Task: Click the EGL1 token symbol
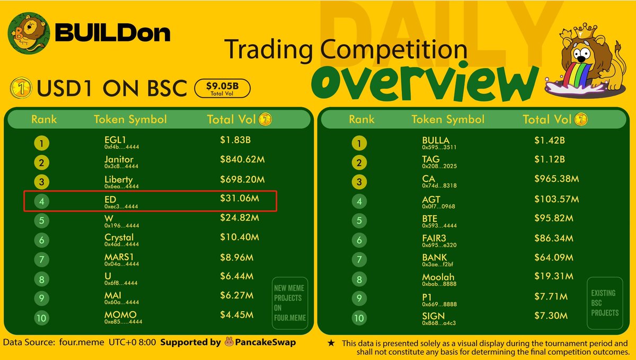(115, 140)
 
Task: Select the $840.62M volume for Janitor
(242, 160)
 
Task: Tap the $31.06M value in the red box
(240, 198)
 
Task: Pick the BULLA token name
(436, 141)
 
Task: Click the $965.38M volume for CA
(556, 179)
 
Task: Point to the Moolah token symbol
(438, 277)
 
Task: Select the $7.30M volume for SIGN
(551, 315)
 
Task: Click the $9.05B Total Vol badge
(222, 89)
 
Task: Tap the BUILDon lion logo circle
(29, 33)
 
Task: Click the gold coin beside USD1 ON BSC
(21, 88)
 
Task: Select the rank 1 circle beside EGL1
(41, 143)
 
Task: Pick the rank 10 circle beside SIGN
(359, 318)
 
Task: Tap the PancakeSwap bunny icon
(229, 341)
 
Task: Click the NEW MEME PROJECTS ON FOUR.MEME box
(290, 303)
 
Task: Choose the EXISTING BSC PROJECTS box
(605, 303)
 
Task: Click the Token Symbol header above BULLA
(448, 119)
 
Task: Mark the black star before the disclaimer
(331, 343)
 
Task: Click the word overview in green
(425, 82)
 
